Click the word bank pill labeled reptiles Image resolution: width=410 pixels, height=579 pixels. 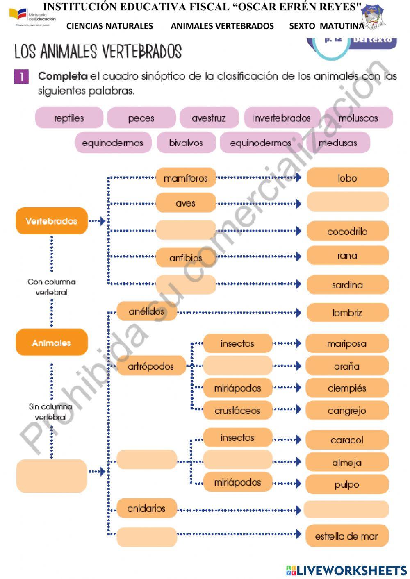(x=69, y=118)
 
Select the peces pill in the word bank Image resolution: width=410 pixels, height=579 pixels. (x=141, y=118)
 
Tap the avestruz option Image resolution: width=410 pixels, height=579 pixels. (x=209, y=118)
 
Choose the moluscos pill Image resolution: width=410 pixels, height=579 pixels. (x=358, y=118)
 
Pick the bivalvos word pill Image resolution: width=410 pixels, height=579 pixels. (x=186, y=143)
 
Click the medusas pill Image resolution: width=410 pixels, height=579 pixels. (x=338, y=143)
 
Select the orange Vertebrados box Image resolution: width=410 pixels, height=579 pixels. (x=52, y=221)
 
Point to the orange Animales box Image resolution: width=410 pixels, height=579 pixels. (x=52, y=343)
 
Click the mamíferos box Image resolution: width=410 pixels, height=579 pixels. (x=186, y=178)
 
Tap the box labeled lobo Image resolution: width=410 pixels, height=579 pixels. (x=347, y=178)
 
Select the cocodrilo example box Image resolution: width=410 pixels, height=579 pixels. (x=347, y=231)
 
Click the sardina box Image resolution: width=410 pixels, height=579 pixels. (x=347, y=284)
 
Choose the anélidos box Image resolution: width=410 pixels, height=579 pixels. (x=146, y=311)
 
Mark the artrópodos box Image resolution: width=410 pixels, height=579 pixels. (x=151, y=366)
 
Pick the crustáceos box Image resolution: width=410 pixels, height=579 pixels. (x=237, y=410)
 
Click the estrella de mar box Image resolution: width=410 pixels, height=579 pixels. (x=346, y=536)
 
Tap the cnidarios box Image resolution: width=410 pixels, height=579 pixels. (x=146, y=509)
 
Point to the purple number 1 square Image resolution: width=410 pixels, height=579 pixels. (x=21, y=76)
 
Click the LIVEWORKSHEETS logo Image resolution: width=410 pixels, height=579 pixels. (x=346, y=570)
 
